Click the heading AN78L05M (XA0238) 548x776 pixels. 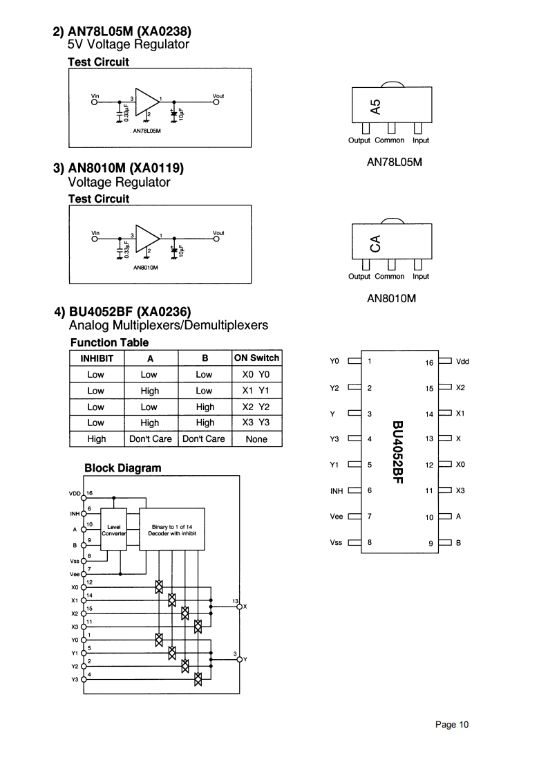pyautogui.click(x=122, y=32)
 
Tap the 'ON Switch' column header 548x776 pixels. pyautogui.click(x=256, y=358)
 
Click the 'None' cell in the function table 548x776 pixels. pyautogui.click(x=256, y=439)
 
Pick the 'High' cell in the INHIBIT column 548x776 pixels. pyautogui.click(x=97, y=439)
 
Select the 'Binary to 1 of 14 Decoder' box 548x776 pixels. pyautogui.click(x=173, y=530)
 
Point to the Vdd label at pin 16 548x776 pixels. pyautogui.click(x=463, y=362)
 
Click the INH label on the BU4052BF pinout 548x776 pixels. pyautogui.click(x=337, y=491)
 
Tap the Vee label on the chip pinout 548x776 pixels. pyautogui.click(x=337, y=517)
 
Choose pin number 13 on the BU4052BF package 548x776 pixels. pyautogui.click(x=429, y=438)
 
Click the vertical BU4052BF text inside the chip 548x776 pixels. pyautogui.click(x=397, y=452)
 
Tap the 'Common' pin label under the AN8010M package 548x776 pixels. pyautogui.click(x=390, y=277)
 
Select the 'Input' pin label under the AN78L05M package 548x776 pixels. pyautogui.click(x=421, y=140)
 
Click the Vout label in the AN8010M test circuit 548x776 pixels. pyautogui.click(x=218, y=232)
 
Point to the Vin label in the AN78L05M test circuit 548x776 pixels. pyautogui.click(x=95, y=95)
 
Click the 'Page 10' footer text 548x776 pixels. pyautogui.click(x=452, y=724)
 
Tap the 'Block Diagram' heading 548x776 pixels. pyautogui.click(x=122, y=468)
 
